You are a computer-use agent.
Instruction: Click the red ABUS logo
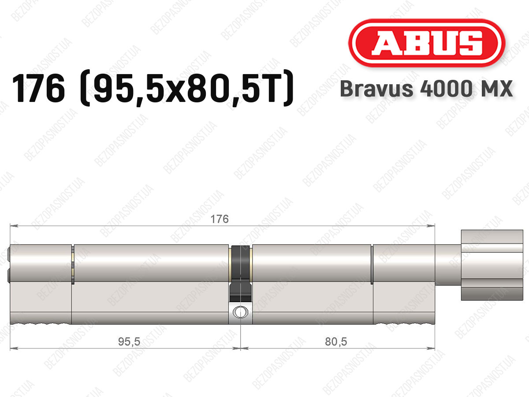[427, 43]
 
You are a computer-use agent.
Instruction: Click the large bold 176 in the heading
[38, 88]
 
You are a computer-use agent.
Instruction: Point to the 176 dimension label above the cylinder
[219, 219]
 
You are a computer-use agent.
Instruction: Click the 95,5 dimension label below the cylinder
[129, 341]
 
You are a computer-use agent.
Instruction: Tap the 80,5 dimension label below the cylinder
[336, 341]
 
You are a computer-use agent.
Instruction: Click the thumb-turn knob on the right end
[492, 265]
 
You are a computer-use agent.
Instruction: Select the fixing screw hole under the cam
[240, 312]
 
